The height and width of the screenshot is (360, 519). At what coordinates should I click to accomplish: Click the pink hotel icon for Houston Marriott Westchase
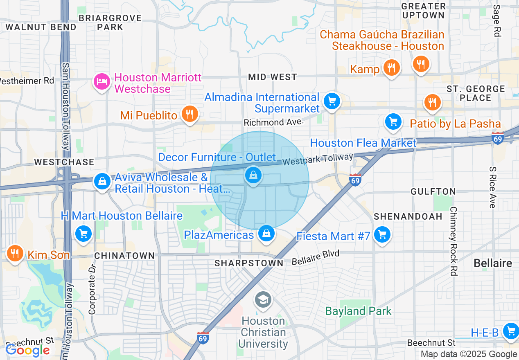pos(102,81)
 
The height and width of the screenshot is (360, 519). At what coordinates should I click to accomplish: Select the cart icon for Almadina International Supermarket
pos(332,101)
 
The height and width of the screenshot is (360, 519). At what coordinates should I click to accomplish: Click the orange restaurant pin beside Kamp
pos(392,67)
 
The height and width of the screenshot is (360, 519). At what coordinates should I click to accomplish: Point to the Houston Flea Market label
pos(363,143)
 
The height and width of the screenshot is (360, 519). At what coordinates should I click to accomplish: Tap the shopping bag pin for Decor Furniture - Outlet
pos(253,175)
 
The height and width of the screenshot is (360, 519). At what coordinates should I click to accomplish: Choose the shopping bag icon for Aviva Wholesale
pos(102,181)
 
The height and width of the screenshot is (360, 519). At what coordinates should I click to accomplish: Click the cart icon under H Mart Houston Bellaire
pos(83,234)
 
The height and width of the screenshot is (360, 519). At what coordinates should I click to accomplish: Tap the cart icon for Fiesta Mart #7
pos(382,235)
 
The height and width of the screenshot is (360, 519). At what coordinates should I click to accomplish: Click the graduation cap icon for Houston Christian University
pos(263,300)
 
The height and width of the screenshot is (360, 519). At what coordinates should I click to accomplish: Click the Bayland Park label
pos(358,311)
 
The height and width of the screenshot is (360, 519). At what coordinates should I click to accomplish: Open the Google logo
pos(27,350)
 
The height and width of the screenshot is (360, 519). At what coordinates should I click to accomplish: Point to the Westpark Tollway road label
pos(318,160)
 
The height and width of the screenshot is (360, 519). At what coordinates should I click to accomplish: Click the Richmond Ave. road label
pos(273,122)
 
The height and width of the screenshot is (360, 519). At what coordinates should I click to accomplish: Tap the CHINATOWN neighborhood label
pos(124,256)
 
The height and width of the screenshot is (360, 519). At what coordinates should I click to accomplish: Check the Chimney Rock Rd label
pos(453,241)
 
